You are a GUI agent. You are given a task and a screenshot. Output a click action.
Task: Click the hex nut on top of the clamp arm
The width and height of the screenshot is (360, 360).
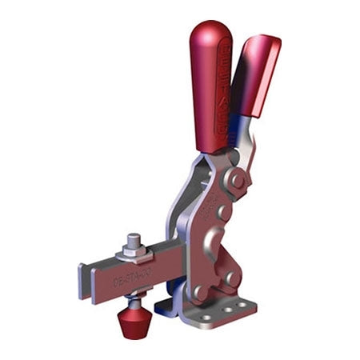coord(134,253)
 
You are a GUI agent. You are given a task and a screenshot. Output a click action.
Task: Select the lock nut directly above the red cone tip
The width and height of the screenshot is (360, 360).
coord(134,301)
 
